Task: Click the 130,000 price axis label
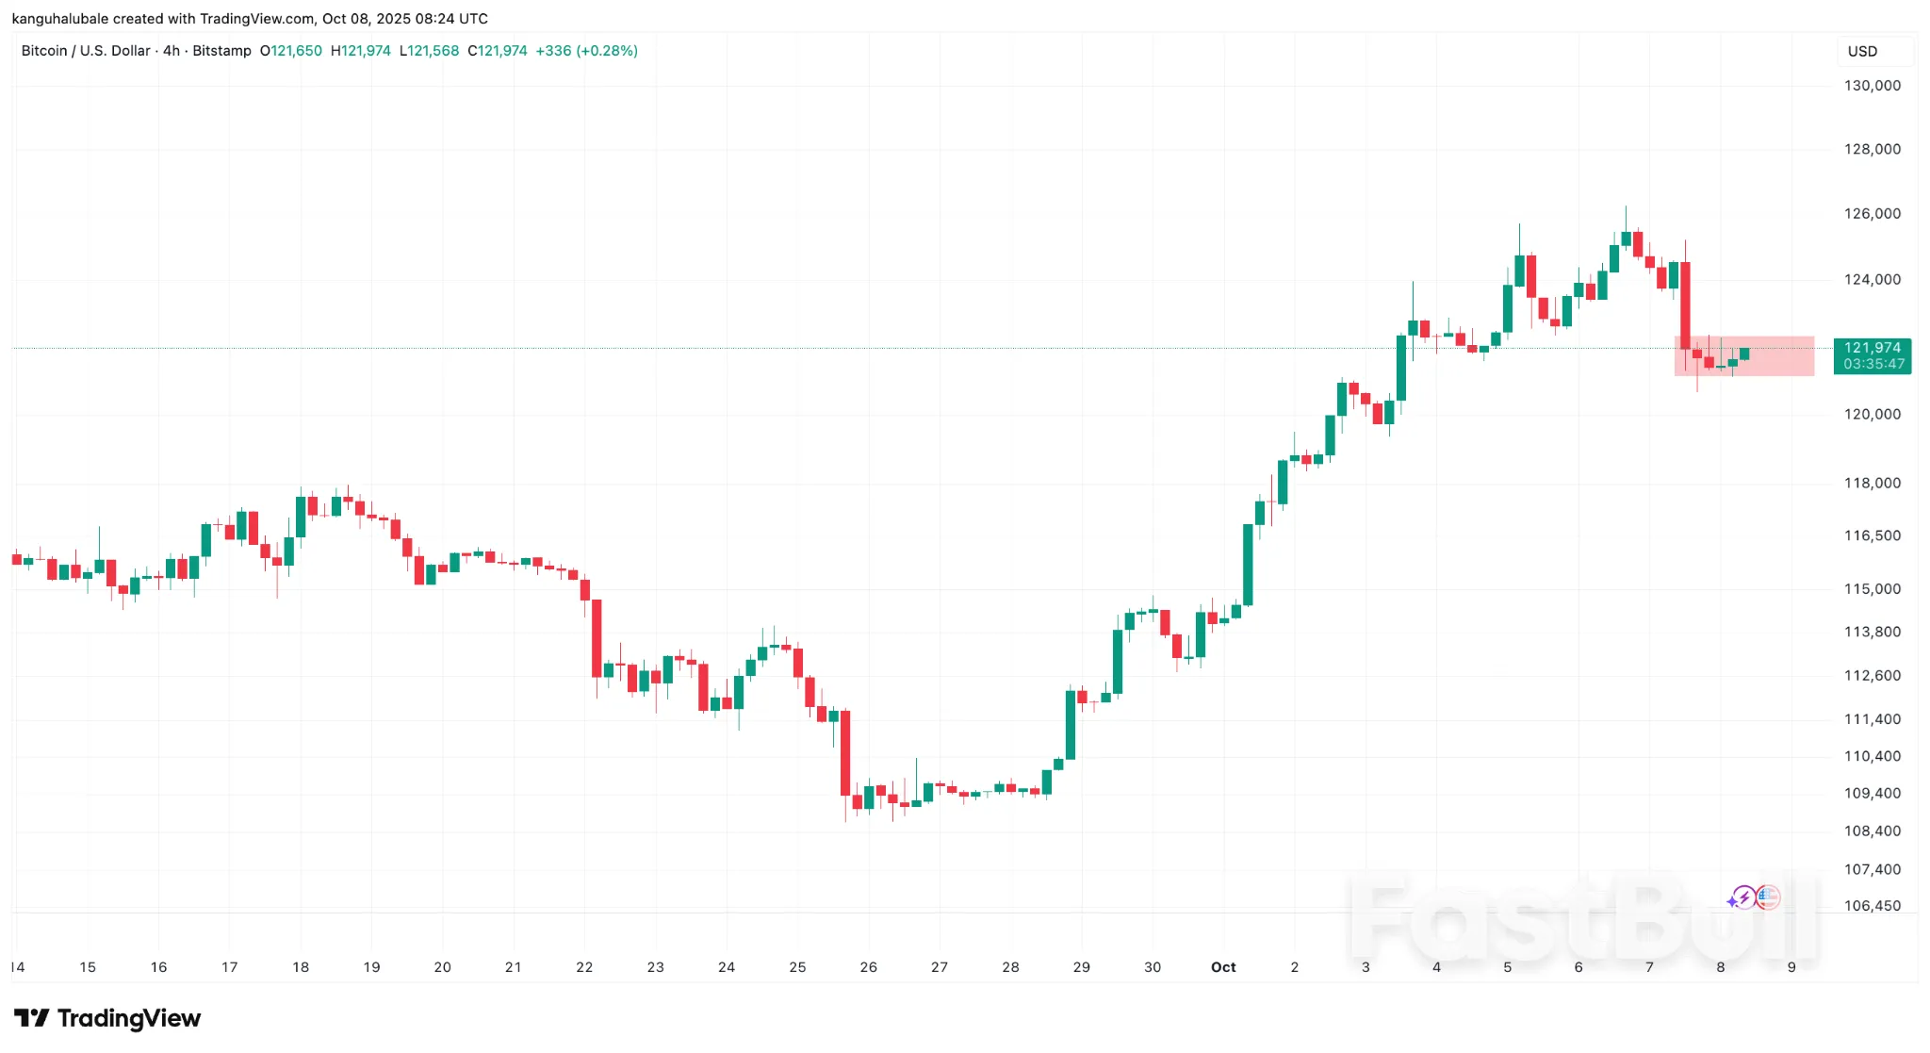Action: (x=1872, y=86)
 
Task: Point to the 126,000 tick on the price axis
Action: (x=1872, y=214)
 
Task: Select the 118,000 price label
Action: (x=1872, y=484)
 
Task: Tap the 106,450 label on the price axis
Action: (x=1872, y=906)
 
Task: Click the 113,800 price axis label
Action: (x=1872, y=633)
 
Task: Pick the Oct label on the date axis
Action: (x=1223, y=967)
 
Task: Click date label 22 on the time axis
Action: (x=584, y=967)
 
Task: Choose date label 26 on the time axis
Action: (x=868, y=967)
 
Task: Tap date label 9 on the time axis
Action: (x=1791, y=967)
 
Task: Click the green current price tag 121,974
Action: (x=1872, y=348)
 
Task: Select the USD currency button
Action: (x=1862, y=52)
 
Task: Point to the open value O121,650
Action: (x=291, y=51)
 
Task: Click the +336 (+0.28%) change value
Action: (x=586, y=51)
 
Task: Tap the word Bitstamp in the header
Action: (x=221, y=51)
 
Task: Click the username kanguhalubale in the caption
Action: (x=60, y=19)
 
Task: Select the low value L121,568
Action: (x=429, y=51)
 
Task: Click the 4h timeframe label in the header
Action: (x=171, y=51)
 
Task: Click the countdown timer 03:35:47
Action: (x=1873, y=364)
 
